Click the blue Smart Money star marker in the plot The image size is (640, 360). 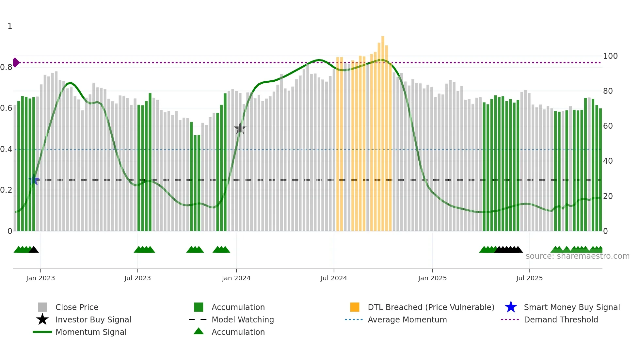click(x=34, y=180)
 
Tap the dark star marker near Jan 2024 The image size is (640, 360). click(x=240, y=129)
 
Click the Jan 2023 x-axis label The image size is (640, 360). click(x=40, y=278)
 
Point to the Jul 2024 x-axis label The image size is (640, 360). click(x=334, y=278)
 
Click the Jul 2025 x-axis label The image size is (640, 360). click(x=529, y=278)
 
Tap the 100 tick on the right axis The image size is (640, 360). click(x=610, y=56)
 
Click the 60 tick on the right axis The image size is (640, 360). click(x=608, y=126)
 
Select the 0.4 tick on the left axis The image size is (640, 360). click(x=7, y=149)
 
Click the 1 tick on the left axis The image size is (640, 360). click(x=10, y=26)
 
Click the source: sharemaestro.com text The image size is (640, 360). click(x=577, y=256)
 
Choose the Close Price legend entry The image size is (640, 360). click(x=77, y=307)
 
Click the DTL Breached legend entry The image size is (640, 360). click(x=431, y=307)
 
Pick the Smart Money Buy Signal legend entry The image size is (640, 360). click(x=571, y=307)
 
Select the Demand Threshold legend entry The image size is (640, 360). click(x=561, y=320)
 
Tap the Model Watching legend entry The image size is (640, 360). click(x=242, y=320)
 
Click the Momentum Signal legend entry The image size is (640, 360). click(x=91, y=332)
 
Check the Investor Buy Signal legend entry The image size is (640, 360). click(x=93, y=320)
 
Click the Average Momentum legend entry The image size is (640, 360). click(x=407, y=320)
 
